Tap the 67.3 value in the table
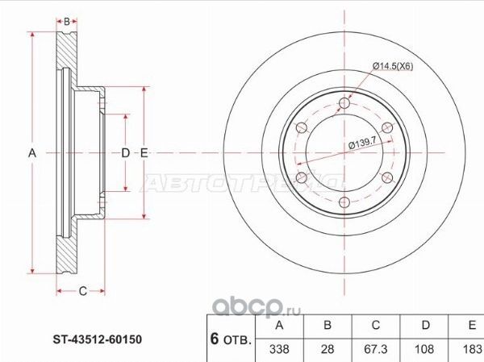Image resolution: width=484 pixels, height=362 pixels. tap(376, 350)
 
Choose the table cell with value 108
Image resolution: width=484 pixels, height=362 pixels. tap(425, 350)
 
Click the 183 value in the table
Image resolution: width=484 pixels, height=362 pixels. tap(470, 350)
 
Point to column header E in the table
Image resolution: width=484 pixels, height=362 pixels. tap(470, 327)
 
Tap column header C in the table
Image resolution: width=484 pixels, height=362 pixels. tap(376, 327)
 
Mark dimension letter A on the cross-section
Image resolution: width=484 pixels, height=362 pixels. tap(33, 152)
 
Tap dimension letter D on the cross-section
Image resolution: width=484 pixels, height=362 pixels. tap(125, 152)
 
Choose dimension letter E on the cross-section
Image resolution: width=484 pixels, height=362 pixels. tap(144, 152)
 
